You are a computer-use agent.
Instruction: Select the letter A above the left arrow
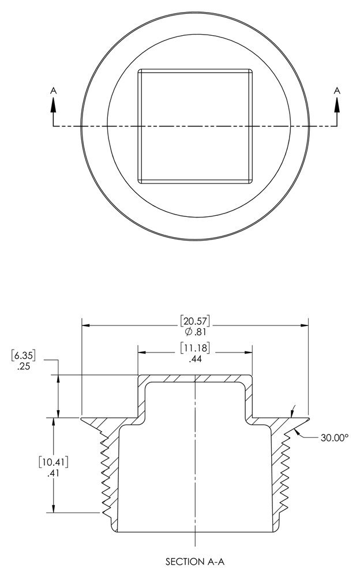(x=54, y=91)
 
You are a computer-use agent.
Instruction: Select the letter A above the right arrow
(x=337, y=91)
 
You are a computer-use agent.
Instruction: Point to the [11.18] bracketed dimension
(x=195, y=348)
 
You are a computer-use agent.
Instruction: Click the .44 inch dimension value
(x=195, y=359)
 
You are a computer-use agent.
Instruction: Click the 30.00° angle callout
(x=334, y=437)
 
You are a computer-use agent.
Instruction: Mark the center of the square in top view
(x=195, y=126)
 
